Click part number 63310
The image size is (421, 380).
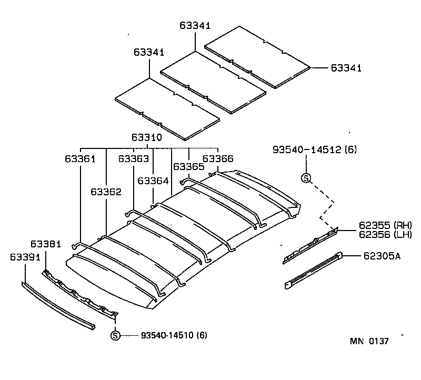[x=147, y=138]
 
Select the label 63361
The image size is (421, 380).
[x=80, y=158]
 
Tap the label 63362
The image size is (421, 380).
[x=106, y=192]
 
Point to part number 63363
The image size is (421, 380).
[x=133, y=158]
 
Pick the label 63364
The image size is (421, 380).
[x=153, y=181]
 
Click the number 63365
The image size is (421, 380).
[x=188, y=167]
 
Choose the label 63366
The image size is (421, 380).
[x=218, y=158]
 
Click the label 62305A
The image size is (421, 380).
[x=382, y=256]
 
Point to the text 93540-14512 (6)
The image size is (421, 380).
[x=315, y=150]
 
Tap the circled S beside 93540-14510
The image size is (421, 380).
[x=116, y=335]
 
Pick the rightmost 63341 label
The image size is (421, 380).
[x=346, y=68]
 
